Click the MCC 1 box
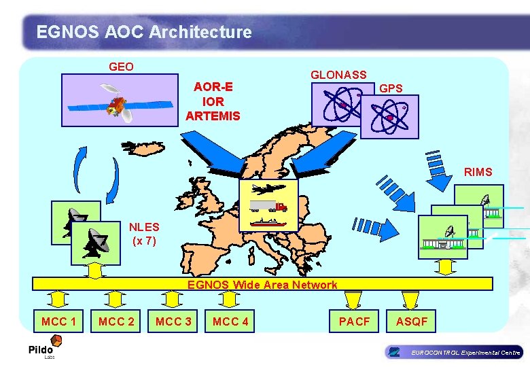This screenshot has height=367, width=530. (59, 321)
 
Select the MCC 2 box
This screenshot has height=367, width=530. (116, 321)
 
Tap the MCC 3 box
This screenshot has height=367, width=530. (173, 321)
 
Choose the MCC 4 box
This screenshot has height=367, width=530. (230, 321)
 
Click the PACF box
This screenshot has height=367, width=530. (354, 321)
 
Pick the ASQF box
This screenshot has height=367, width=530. (412, 321)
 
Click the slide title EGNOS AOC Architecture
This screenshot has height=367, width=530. (144, 32)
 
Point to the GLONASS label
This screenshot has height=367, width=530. (338, 75)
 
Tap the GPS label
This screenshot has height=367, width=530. (391, 88)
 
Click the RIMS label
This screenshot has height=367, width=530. (478, 173)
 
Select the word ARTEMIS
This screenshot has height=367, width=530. (213, 116)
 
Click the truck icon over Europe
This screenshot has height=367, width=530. (268, 205)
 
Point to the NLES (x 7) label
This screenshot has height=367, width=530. (144, 233)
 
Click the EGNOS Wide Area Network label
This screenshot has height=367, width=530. (262, 285)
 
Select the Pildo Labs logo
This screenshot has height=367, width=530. (40, 351)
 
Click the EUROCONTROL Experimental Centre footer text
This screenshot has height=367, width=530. (465, 352)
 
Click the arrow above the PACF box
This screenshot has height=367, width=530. (353, 300)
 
